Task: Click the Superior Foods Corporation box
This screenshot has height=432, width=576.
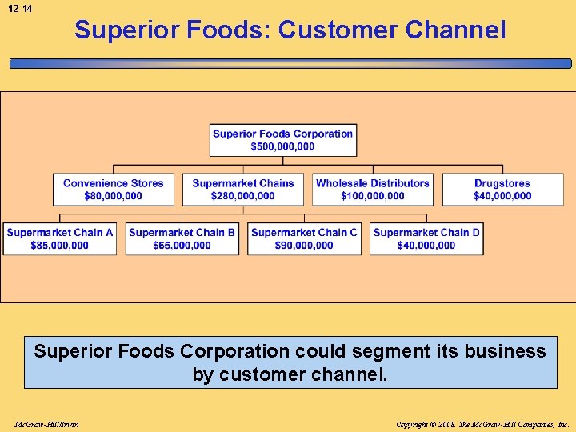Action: (282, 140)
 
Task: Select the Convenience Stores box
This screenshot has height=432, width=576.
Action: (113, 190)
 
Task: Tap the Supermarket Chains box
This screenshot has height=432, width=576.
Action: (243, 190)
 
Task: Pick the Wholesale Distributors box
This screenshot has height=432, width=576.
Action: (373, 190)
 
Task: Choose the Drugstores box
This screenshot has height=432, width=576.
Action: (502, 190)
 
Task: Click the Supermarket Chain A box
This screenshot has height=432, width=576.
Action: (60, 239)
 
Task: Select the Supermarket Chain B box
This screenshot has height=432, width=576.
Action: (182, 239)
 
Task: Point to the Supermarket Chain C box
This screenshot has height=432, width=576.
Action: (304, 239)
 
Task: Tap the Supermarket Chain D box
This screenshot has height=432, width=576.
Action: (426, 239)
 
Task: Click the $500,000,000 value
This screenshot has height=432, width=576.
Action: (282, 146)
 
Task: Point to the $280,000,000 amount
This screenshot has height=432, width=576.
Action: (243, 196)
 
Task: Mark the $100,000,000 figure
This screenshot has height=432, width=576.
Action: (373, 196)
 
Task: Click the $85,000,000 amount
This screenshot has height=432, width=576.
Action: (60, 246)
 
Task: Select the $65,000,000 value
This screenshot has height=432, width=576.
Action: (182, 246)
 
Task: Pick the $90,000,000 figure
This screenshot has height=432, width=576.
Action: (304, 246)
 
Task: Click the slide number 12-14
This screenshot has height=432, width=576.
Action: (22, 9)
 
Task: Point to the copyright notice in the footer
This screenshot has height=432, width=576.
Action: (482, 424)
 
